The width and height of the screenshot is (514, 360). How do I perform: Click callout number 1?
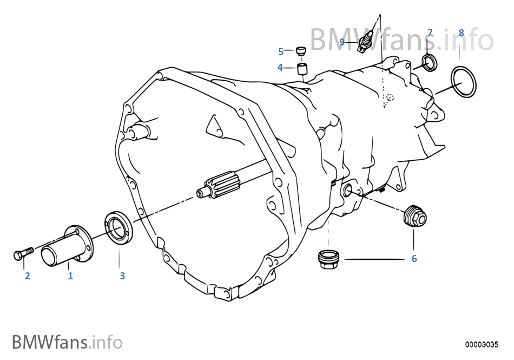[x=70, y=276]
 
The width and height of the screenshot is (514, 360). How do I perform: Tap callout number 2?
[x=27, y=276]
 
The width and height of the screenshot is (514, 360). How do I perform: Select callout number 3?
[x=122, y=276]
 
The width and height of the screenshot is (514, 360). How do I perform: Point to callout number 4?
[x=280, y=68]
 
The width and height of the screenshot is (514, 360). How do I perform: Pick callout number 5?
[x=281, y=51]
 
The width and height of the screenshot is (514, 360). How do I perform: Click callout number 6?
[x=414, y=259]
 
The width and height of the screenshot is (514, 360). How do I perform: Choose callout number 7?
[x=430, y=33]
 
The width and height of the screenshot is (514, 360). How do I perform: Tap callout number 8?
[x=461, y=33]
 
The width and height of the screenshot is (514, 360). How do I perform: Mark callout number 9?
[x=342, y=42]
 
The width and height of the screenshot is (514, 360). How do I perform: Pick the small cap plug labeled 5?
[x=301, y=51]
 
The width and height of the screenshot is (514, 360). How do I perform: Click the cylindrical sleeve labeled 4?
[x=302, y=69]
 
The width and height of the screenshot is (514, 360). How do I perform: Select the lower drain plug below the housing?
[x=329, y=260]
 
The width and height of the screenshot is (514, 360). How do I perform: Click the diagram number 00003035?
[x=482, y=345]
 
